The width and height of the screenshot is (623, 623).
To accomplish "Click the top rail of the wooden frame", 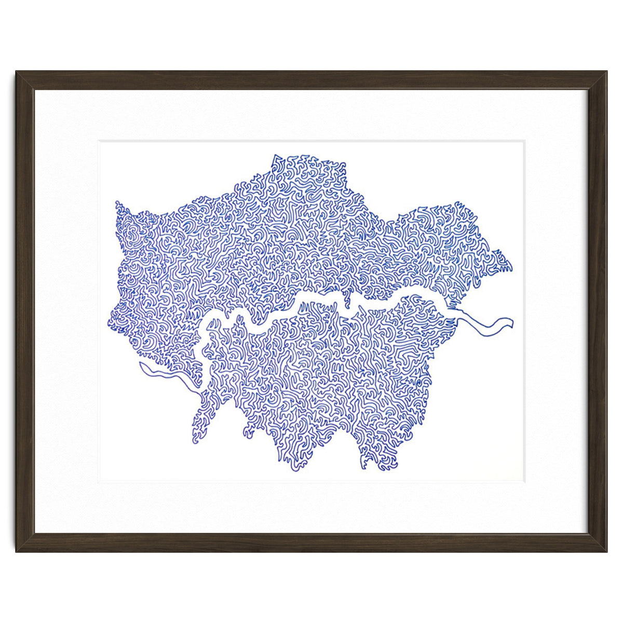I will pos(311,80).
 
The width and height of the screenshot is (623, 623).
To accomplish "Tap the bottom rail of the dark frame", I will pos(311,542).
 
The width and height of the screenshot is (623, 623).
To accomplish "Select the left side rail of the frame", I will pos(25,311).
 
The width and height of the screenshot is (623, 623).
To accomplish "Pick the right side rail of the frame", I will pos(598,311).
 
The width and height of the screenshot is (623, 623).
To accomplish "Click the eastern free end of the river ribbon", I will pos(513,321).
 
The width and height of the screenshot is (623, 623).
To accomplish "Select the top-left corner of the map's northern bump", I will pos(274,156).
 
